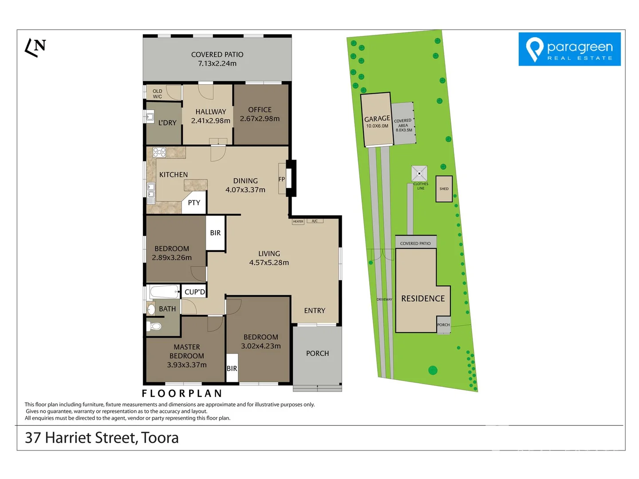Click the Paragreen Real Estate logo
coord(569,49)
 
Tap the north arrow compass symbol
coord(35,47)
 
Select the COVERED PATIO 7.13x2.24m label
coord(217,59)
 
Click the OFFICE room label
coord(260,114)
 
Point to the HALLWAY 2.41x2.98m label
coord(210,116)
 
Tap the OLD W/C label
coord(158,94)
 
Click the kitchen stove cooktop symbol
coord(159,153)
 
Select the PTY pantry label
coord(194,203)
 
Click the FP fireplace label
coord(281,180)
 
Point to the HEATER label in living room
coord(298,221)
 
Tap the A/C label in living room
coord(315,221)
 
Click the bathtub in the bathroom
coord(164,292)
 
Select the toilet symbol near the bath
coord(155,326)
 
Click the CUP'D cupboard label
coord(195,292)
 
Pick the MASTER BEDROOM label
coord(187,356)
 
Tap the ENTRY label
coord(315,310)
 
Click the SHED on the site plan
coord(444,189)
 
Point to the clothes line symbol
coord(419,173)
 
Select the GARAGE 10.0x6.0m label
coord(377,122)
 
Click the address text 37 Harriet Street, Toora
coord(102,438)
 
